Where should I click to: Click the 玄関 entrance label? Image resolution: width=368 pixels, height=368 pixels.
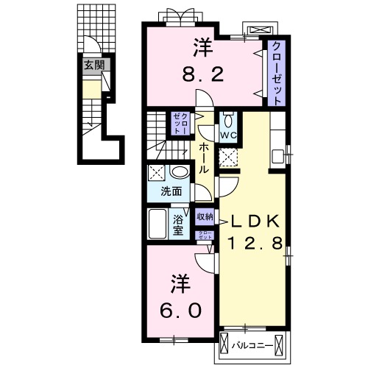[93, 66]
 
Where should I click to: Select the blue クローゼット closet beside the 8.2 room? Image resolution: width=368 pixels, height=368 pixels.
[276, 71]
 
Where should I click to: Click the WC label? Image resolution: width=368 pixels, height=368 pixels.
[227, 135]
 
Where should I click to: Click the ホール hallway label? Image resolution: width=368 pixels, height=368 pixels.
[204, 158]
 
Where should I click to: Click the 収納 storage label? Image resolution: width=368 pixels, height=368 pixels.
[205, 216]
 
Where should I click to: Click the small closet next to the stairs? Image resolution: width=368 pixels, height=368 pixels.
[180, 124]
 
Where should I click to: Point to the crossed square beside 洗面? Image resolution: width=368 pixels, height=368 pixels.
[157, 174]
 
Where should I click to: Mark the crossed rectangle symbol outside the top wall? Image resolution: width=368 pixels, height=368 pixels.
[261, 30]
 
